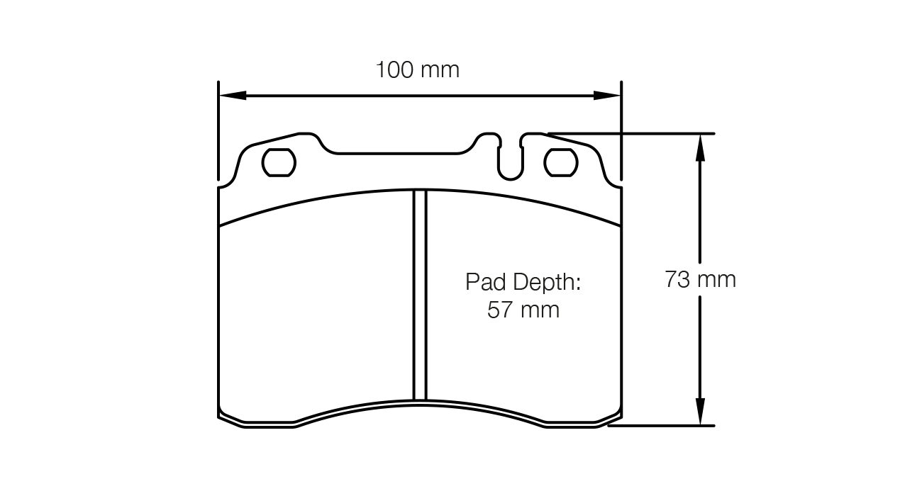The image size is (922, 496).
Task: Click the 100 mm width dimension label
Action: [417, 70]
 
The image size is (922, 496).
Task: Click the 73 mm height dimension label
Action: [700, 279]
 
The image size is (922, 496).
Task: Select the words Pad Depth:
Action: [523, 282]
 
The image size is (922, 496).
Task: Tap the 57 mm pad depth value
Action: [523, 310]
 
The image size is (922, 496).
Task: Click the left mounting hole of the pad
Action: [279, 163]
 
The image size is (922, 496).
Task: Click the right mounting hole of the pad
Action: [561, 163]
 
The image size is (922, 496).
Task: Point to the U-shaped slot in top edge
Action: [511, 159]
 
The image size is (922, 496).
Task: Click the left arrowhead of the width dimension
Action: [231, 96]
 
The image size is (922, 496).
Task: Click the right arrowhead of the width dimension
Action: [608, 96]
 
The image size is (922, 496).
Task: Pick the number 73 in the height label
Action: [677, 279]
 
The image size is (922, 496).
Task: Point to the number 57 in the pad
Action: [499, 310]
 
